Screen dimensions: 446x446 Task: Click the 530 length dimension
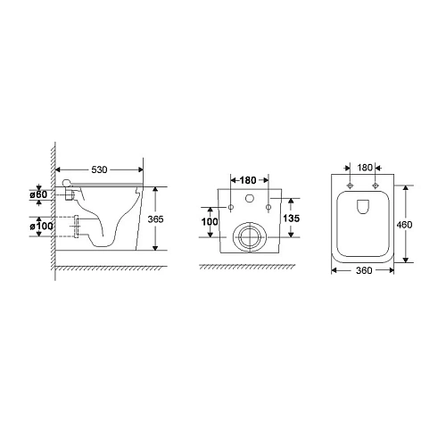coord(100,168)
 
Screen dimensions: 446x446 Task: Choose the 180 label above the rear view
coord(250,178)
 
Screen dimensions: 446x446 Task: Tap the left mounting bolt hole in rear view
coord(232,209)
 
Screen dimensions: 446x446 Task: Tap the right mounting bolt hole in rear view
coord(268,209)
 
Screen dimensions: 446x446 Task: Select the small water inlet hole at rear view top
coord(250,195)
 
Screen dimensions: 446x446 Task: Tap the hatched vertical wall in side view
coord(54,205)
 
